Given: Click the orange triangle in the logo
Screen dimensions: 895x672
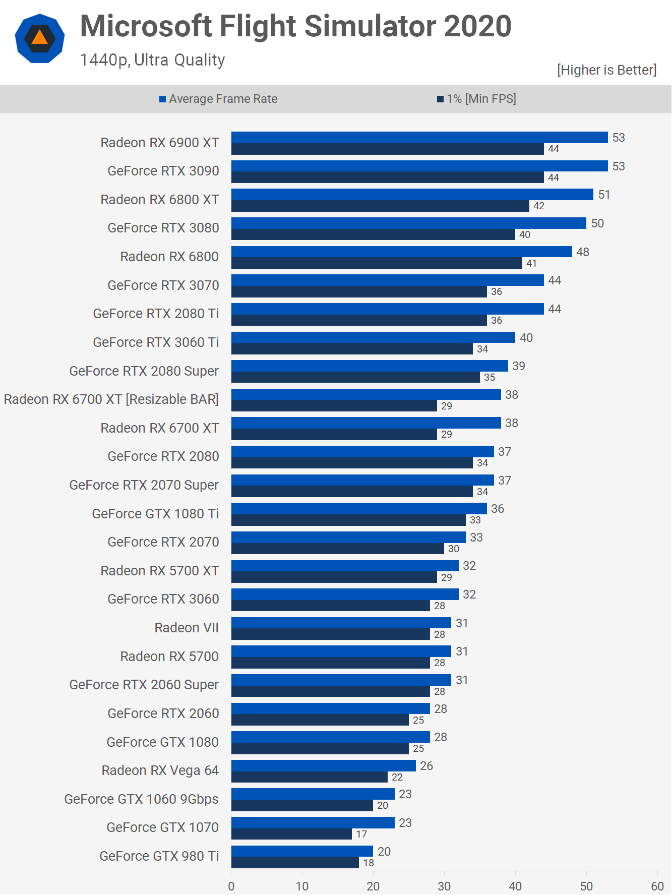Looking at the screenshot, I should point(39,38).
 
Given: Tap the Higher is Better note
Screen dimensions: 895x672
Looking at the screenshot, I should point(606,70).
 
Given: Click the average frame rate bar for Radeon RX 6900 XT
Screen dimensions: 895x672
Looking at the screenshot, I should point(419,137).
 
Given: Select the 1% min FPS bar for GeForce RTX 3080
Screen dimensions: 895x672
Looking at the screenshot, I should point(373,234).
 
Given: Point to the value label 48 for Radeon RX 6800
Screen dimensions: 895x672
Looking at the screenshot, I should point(583,252).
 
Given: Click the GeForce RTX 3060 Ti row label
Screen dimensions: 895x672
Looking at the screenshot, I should point(156,342).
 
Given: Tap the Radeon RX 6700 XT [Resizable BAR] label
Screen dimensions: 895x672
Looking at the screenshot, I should point(111,399).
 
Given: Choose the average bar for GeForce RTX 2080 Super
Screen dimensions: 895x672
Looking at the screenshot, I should point(370,366).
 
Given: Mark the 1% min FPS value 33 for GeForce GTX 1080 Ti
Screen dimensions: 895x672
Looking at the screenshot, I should point(475,520).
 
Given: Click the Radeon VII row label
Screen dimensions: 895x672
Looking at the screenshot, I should point(187,628).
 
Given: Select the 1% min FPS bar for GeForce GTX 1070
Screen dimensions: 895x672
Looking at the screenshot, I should point(291,834).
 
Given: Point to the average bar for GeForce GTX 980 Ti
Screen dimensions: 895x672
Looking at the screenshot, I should point(302,851).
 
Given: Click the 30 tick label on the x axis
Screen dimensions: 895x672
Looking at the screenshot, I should point(444,886).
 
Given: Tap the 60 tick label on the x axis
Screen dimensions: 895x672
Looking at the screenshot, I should point(657,886).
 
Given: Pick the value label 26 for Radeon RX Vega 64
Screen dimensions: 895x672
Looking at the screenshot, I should point(426,766).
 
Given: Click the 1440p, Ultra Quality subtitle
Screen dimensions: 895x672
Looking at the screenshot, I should point(152,60).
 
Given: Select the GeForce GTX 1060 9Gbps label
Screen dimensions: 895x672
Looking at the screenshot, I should point(141,799).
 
